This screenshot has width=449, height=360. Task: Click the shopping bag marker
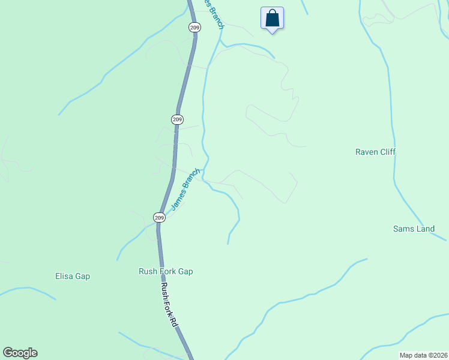click(272, 18)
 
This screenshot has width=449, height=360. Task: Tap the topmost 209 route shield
click(194, 28)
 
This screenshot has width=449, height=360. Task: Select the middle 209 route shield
click(177, 119)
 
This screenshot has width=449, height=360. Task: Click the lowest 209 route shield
click(158, 217)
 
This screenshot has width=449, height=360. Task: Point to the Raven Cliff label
click(375, 152)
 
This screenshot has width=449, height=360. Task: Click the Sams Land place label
click(414, 229)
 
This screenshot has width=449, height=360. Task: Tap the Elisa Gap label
click(72, 276)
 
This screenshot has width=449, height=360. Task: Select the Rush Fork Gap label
click(166, 271)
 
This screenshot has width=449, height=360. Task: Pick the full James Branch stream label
click(185, 189)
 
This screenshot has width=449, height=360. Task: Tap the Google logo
click(20, 353)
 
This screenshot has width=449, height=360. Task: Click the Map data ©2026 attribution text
click(423, 355)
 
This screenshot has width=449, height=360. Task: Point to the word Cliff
click(387, 152)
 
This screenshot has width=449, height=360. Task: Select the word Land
click(424, 229)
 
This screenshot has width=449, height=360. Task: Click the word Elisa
click(64, 276)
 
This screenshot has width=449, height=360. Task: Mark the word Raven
click(366, 152)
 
